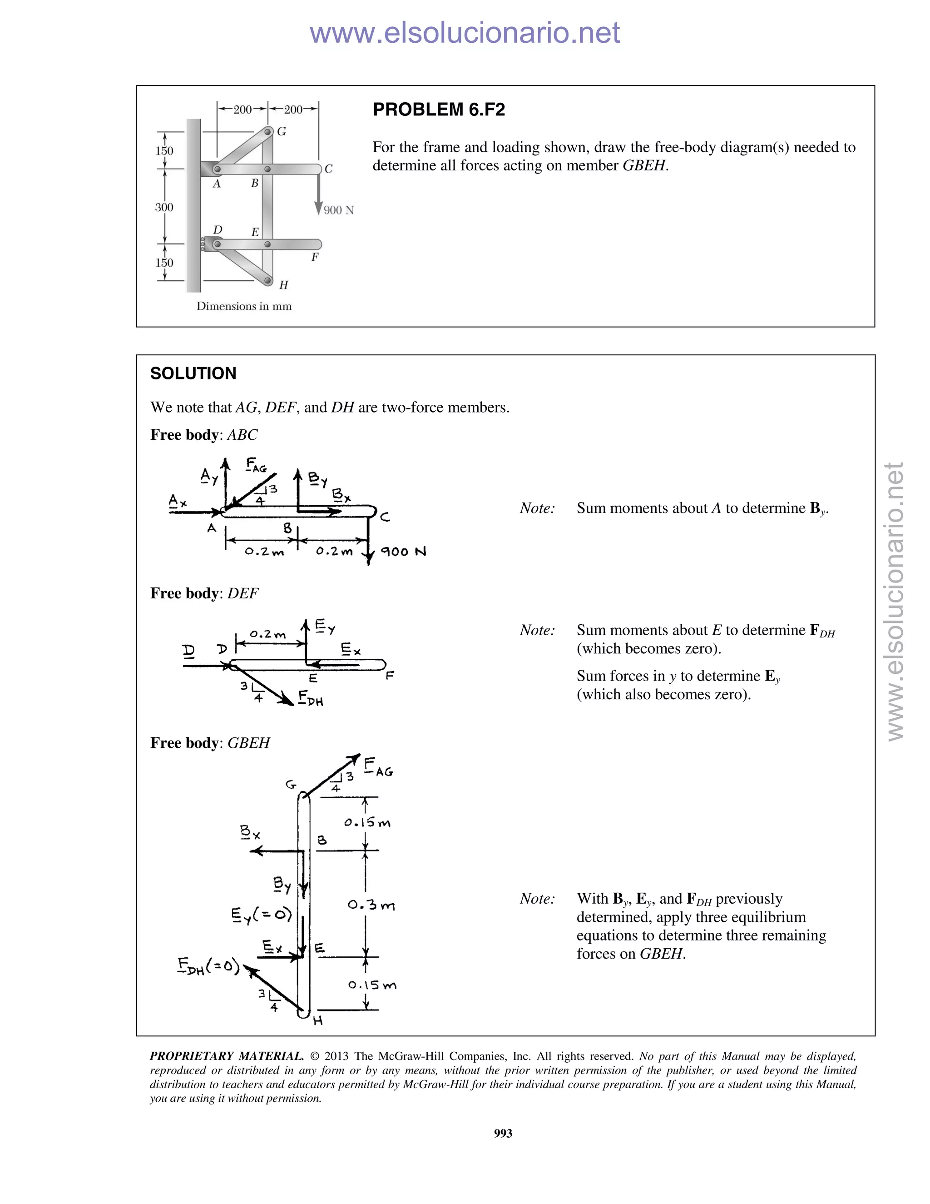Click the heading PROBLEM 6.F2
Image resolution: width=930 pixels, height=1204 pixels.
click(x=439, y=109)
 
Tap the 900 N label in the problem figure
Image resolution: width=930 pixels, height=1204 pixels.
click(x=338, y=210)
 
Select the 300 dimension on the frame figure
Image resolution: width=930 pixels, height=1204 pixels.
click(x=163, y=207)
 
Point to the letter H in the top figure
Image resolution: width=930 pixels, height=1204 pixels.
click(x=283, y=285)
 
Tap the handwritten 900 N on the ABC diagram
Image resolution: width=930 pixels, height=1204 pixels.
click(x=403, y=551)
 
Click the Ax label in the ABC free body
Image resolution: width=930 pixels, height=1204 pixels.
click(x=178, y=501)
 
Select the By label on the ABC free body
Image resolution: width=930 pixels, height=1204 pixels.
click(x=317, y=478)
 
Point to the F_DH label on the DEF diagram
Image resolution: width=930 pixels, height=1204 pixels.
click(x=310, y=698)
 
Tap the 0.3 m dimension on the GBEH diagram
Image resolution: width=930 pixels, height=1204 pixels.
click(x=371, y=905)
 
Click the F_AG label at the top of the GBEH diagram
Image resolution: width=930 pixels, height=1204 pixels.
click(x=379, y=767)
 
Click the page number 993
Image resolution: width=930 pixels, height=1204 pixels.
click(x=503, y=1133)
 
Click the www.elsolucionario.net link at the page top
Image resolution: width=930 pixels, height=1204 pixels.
click(x=465, y=33)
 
